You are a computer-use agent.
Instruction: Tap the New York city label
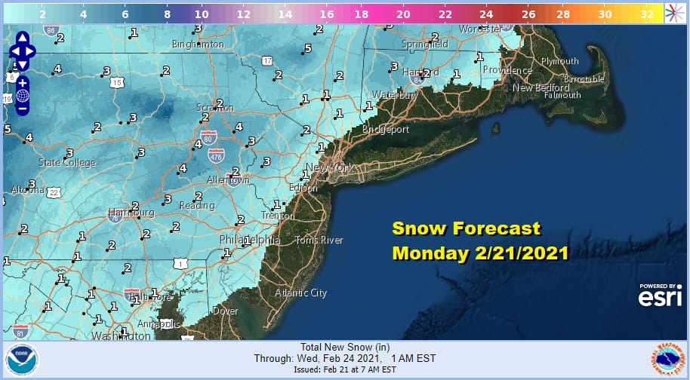[330, 168]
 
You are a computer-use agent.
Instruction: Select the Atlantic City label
[300, 293]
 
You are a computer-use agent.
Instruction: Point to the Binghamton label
[199, 44]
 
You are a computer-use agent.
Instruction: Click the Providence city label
[507, 70]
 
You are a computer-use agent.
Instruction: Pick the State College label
[67, 163]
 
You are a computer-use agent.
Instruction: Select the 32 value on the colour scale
[646, 14]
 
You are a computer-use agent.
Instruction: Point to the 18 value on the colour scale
[362, 14]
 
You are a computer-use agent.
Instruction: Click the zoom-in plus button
[22, 82]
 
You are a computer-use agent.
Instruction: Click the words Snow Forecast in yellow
[466, 228]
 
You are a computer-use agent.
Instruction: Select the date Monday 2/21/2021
[480, 253]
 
